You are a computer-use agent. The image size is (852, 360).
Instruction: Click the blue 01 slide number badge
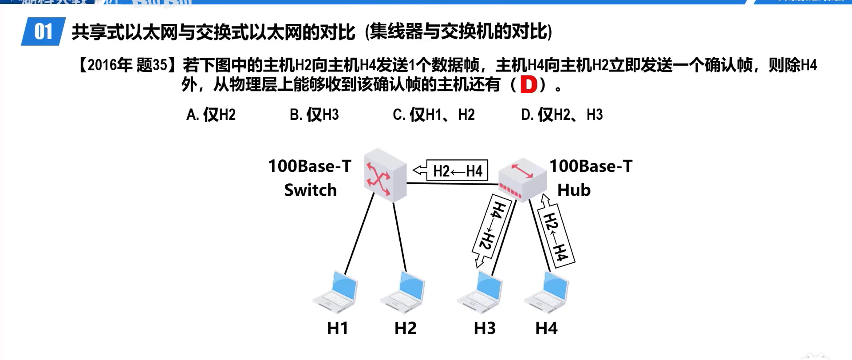point(43,32)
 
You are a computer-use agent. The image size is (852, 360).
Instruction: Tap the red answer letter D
point(529,84)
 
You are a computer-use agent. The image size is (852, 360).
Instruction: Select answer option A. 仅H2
point(211,115)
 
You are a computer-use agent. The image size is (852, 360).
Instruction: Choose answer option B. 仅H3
point(314,115)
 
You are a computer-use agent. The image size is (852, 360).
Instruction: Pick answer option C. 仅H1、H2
point(434,115)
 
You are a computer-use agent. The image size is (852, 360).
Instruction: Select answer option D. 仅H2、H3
point(562,115)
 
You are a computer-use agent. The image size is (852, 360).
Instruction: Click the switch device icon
point(384,175)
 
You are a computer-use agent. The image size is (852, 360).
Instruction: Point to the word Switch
point(310,190)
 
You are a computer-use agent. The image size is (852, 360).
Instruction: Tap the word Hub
point(574,190)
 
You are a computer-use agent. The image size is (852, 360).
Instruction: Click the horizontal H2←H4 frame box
point(457,170)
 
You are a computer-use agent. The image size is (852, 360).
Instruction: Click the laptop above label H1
point(336,292)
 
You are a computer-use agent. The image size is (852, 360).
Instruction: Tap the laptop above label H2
point(404,292)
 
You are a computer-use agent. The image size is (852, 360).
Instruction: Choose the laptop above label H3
point(481,292)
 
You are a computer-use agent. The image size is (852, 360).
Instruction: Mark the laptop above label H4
point(547,292)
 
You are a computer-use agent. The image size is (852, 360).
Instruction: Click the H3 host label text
point(485,328)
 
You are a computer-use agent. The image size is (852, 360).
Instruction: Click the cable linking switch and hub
point(453,183)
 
